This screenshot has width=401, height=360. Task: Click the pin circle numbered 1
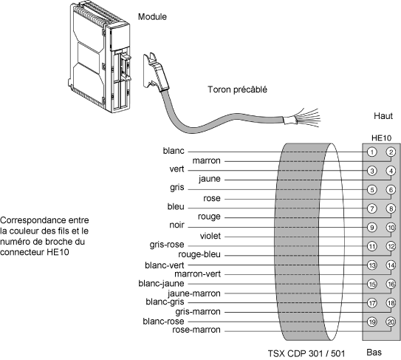[372, 152]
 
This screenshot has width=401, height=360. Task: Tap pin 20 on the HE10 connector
[391, 322]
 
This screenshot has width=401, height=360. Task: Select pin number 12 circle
[391, 246]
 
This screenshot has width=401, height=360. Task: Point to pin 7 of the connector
[372, 208]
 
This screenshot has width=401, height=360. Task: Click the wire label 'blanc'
[174, 151]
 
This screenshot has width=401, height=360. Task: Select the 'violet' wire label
[210, 236]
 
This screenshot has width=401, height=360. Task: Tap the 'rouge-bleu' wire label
[199, 254]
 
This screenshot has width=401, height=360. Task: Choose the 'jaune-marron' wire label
[194, 293]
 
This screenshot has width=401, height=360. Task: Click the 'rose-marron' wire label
[196, 330]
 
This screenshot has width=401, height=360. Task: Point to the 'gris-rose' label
[167, 245]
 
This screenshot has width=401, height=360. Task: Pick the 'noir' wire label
[176, 225]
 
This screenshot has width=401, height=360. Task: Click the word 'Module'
[152, 17]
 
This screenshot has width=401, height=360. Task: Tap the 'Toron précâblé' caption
[237, 89]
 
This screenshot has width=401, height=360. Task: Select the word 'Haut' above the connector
[383, 116]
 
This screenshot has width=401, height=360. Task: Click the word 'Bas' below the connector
[374, 353]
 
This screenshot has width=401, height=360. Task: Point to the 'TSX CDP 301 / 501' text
[306, 353]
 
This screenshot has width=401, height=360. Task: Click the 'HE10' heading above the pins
[381, 138]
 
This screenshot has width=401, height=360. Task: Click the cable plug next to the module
[156, 72]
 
